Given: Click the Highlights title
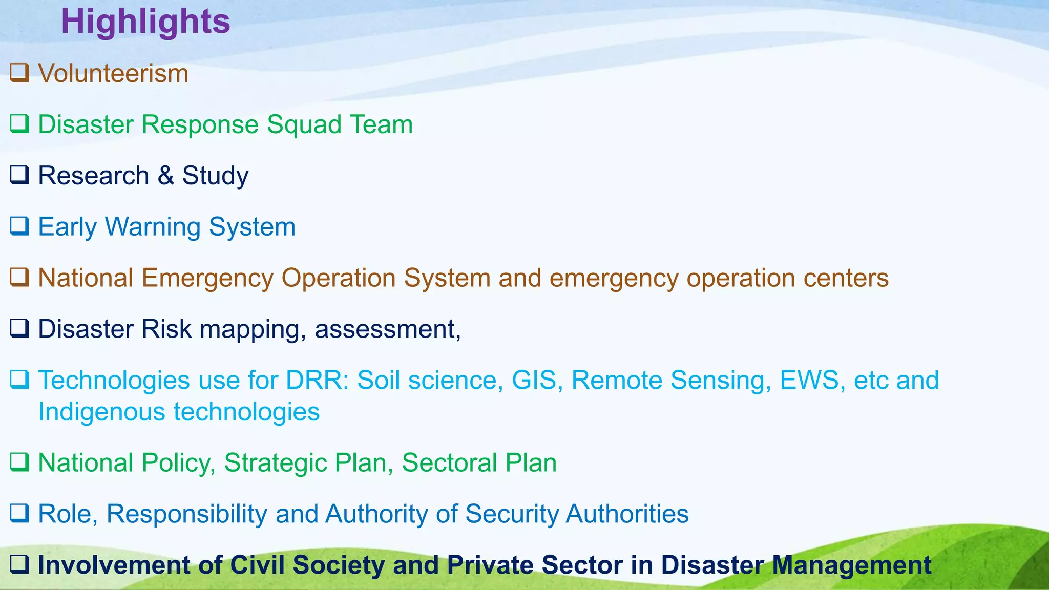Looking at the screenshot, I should point(145,22).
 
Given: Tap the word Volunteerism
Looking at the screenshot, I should point(113,73).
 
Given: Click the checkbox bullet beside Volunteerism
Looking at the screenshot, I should point(19,73).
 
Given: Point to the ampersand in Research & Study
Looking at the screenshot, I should point(165,175).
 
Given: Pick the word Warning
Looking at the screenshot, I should point(153,227).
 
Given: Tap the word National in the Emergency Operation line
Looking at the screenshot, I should point(86,278).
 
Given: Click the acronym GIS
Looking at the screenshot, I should point(534,380).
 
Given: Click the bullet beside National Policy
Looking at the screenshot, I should point(19,462).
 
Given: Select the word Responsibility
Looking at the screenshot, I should point(186,514).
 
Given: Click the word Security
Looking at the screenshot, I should point(512,514).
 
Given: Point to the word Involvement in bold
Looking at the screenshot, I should point(114,565).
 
